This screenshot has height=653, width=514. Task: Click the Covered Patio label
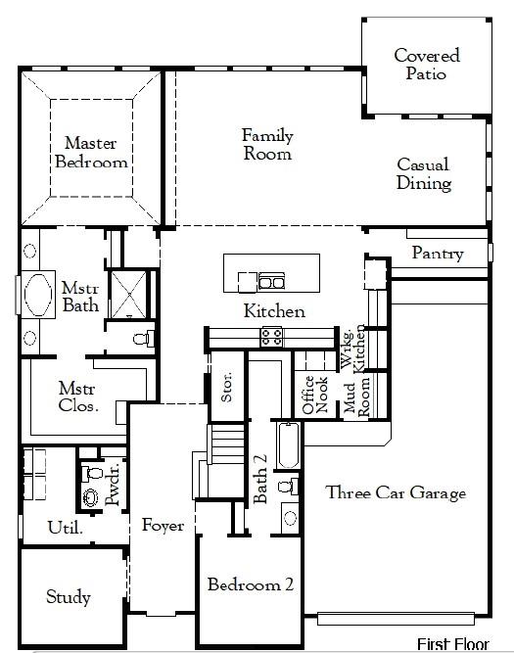tap(427, 65)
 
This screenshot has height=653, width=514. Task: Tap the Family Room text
tap(267, 144)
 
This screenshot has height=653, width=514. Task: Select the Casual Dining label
tap(423, 174)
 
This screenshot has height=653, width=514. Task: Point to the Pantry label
tap(437, 254)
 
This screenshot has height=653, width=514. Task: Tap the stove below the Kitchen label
tap(271, 337)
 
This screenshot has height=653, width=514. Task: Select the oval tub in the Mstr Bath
tap(40, 295)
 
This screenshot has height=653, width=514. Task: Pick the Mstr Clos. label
tap(77, 396)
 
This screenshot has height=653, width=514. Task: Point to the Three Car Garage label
tap(396, 493)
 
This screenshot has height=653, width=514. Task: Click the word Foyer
tap(163, 526)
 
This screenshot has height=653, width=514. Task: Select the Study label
tap(69, 596)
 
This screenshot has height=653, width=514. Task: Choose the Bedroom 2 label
tap(250, 584)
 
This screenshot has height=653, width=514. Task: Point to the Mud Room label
tap(355, 396)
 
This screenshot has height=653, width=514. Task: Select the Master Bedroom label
tap(91, 152)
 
